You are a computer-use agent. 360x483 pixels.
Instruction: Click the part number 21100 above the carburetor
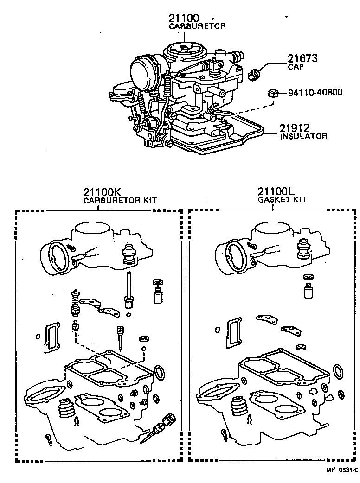(184, 18)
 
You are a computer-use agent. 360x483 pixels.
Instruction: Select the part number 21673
(302, 58)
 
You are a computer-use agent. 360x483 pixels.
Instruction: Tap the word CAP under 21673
(295, 67)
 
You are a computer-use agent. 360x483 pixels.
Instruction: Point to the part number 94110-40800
(315, 92)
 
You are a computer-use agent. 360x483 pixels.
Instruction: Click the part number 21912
(294, 128)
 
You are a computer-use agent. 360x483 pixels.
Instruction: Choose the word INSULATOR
(303, 136)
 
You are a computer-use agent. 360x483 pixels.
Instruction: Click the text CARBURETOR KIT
(120, 201)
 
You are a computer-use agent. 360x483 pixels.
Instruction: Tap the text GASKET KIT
(282, 200)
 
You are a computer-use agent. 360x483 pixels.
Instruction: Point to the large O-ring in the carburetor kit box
(159, 371)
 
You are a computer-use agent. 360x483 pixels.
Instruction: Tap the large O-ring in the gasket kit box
(339, 371)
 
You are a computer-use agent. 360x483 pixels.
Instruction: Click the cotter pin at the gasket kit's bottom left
(224, 434)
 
